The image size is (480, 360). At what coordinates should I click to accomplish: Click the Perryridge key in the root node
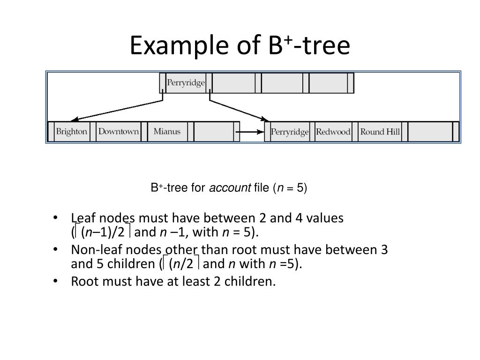pos(186,83)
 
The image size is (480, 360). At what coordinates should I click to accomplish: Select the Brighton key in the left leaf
pos(72,132)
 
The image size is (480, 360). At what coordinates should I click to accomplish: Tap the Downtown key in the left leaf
pos(119,132)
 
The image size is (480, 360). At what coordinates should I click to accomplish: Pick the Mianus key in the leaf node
pos(167,132)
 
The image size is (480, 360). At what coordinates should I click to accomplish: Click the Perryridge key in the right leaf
pos(290,132)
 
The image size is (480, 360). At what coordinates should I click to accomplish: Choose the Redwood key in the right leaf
pos(333,132)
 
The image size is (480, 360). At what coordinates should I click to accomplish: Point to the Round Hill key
pos(380,132)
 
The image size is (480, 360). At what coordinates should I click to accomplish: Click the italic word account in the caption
pos(230,188)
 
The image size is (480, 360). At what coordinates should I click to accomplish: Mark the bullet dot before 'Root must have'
pos(56,281)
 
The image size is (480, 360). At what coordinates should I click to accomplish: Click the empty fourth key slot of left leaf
pos(213,132)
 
